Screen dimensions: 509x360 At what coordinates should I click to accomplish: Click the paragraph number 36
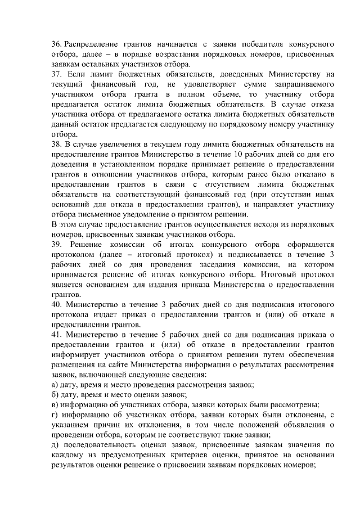tap(56, 44)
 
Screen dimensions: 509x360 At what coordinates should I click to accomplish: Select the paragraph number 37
tap(56, 74)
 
